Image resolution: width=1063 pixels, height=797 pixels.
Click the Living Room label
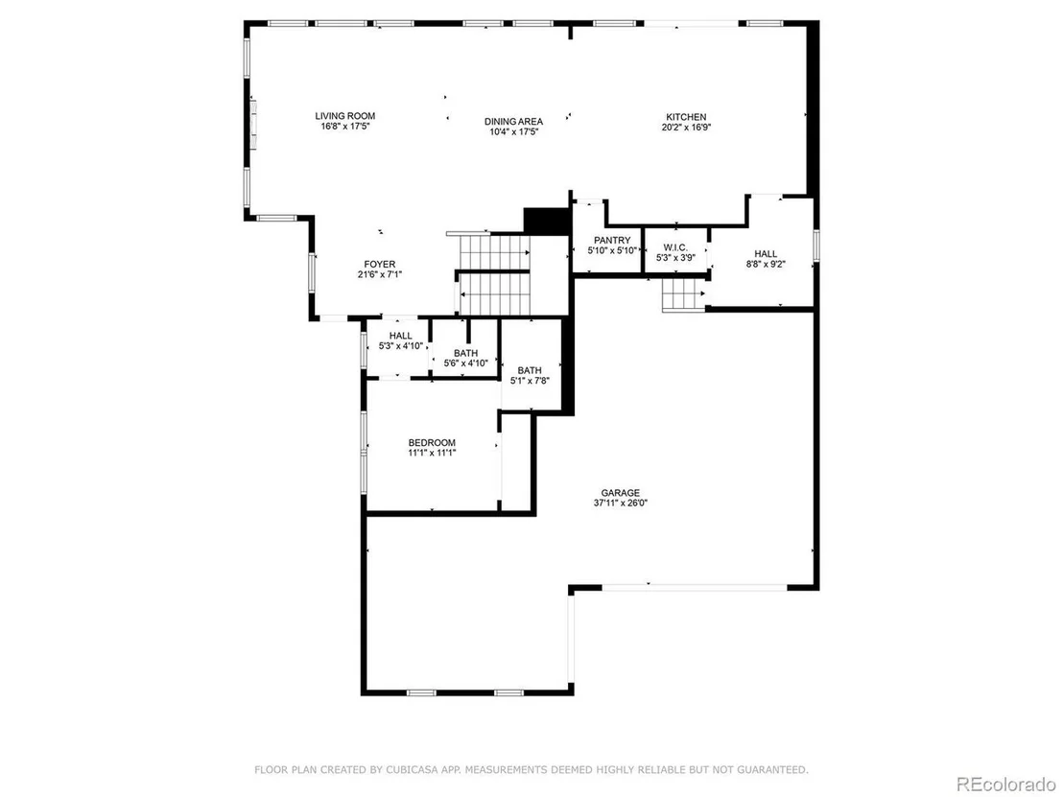(x=345, y=116)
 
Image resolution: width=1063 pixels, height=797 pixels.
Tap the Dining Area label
(x=514, y=121)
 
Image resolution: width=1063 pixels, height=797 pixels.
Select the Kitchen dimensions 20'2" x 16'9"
(x=686, y=127)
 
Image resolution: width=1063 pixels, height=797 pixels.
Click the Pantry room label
(x=612, y=240)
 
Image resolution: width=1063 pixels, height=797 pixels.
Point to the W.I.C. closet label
(x=676, y=247)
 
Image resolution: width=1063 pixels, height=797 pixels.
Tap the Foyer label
(x=380, y=265)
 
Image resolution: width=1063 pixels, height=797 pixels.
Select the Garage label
(x=621, y=493)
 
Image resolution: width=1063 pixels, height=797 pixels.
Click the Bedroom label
(x=432, y=442)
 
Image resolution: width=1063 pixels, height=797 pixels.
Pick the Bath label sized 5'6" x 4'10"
(x=465, y=353)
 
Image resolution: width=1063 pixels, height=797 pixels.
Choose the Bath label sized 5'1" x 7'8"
(x=530, y=370)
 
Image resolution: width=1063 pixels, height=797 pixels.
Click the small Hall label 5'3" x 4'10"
(x=401, y=336)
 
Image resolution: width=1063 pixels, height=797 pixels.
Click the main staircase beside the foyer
(x=494, y=274)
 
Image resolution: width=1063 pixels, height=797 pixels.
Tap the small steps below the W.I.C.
(x=684, y=294)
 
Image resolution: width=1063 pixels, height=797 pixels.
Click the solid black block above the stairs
(x=547, y=221)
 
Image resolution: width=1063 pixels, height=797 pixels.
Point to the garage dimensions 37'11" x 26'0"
(x=621, y=503)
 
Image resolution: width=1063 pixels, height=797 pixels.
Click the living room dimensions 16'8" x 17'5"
(x=345, y=126)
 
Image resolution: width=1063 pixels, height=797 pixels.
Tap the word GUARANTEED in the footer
(x=774, y=770)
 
